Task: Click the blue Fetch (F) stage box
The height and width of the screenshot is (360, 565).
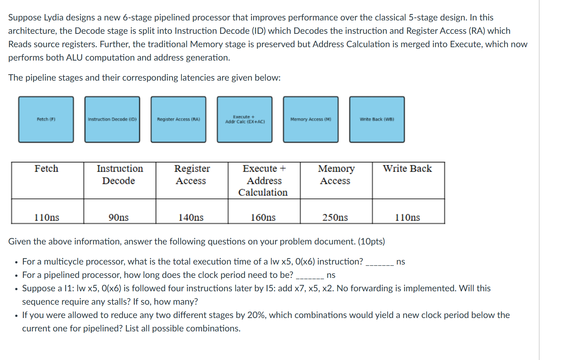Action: [46, 119]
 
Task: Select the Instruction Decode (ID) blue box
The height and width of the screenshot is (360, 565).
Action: [112, 119]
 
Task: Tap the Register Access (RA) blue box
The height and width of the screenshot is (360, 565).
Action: [178, 119]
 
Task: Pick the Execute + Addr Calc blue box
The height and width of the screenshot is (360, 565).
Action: [245, 119]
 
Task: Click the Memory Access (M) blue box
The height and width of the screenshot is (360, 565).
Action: [311, 119]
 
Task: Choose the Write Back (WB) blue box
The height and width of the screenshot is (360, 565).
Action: [377, 119]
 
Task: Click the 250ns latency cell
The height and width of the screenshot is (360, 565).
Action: [335, 217]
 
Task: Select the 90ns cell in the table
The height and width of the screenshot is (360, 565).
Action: [118, 217]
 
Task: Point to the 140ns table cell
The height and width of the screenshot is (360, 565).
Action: [191, 217]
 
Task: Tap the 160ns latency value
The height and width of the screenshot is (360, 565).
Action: [263, 217]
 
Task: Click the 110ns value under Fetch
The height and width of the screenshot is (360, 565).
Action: [47, 217]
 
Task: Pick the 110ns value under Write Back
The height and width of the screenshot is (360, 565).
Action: [407, 217]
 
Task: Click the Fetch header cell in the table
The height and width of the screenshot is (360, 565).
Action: [46, 169]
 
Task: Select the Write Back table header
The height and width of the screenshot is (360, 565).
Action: [407, 169]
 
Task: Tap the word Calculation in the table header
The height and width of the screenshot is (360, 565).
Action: [263, 192]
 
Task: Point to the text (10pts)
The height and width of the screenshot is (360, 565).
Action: [371, 241]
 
